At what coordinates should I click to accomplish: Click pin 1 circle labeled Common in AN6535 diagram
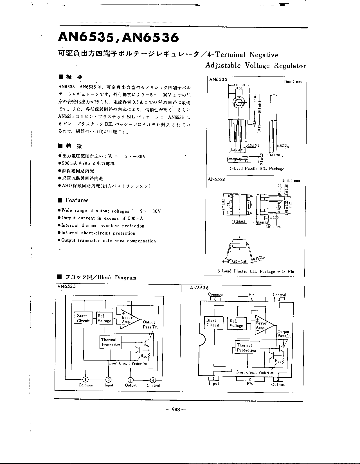[85, 380]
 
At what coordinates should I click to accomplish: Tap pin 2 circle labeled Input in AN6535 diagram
[109, 380]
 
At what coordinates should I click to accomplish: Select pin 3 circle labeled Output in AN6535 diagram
[130, 380]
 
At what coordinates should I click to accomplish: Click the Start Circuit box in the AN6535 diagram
[83, 318]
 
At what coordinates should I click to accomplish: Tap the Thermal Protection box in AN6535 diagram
[111, 342]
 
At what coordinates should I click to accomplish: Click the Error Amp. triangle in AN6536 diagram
[263, 325]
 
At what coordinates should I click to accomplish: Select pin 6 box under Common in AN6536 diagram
[215, 299]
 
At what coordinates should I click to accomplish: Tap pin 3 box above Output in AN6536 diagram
[278, 379]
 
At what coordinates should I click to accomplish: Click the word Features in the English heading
[77, 200]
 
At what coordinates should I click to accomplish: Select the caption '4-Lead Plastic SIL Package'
[256, 169]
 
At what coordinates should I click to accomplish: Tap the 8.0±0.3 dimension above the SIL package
[239, 85]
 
